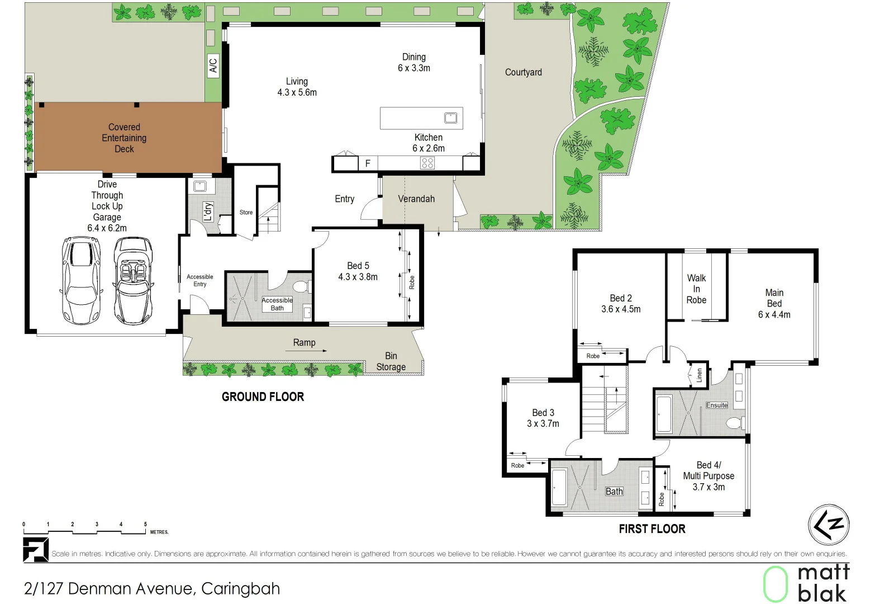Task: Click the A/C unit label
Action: coord(213,65)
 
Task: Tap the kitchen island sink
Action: coord(450,118)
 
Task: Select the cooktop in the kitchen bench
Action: coord(427,163)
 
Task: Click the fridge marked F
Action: coord(368,163)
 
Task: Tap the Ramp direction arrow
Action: coord(317,351)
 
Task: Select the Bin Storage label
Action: coord(391,361)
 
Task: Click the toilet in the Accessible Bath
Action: coord(301,287)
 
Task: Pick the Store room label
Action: coord(246,213)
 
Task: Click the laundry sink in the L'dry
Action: coord(200,186)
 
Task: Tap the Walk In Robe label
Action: coord(696,289)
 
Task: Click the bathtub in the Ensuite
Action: coord(664,414)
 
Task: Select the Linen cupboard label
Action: coord(699,375)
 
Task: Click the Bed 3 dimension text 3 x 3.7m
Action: coord(543,424)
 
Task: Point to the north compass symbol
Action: coord(829,525)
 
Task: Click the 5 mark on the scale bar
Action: coord(145,525)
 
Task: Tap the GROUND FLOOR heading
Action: coord(263,397)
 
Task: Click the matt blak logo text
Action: coord(823,583)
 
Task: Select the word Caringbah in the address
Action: coord(240,589)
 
